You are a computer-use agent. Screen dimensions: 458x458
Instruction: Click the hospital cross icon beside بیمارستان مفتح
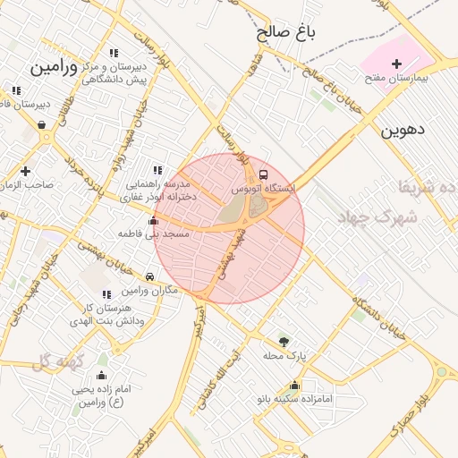click(x=397, y=63)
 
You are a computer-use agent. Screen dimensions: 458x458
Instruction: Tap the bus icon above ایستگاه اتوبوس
click(x=263, y=174)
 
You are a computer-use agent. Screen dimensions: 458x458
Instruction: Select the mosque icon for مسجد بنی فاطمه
click(x=153, y=220)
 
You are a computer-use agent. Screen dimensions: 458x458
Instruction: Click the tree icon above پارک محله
click(x=284, y=341)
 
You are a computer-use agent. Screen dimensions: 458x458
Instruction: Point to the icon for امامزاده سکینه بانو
click(x=294, y=386)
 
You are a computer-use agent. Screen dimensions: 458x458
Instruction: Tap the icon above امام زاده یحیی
click(x=101, y=376)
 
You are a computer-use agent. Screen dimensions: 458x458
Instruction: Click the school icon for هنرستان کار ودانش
click(x=106, y=294)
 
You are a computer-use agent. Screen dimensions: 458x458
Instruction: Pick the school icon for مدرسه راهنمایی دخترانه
click(x=158, y=170)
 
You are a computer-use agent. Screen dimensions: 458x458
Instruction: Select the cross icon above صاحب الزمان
click(x=25, y=170)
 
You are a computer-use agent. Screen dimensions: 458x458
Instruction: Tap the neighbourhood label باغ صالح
click(x=287, y=34)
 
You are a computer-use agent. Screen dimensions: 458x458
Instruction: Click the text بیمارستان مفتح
click(x=396, y=78)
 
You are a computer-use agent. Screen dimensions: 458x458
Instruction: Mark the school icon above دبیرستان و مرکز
click(x=113, y=53)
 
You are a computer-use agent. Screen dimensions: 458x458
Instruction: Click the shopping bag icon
click(x=42, y=124)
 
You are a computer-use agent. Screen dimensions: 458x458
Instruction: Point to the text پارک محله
click(x=284, y=356)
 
